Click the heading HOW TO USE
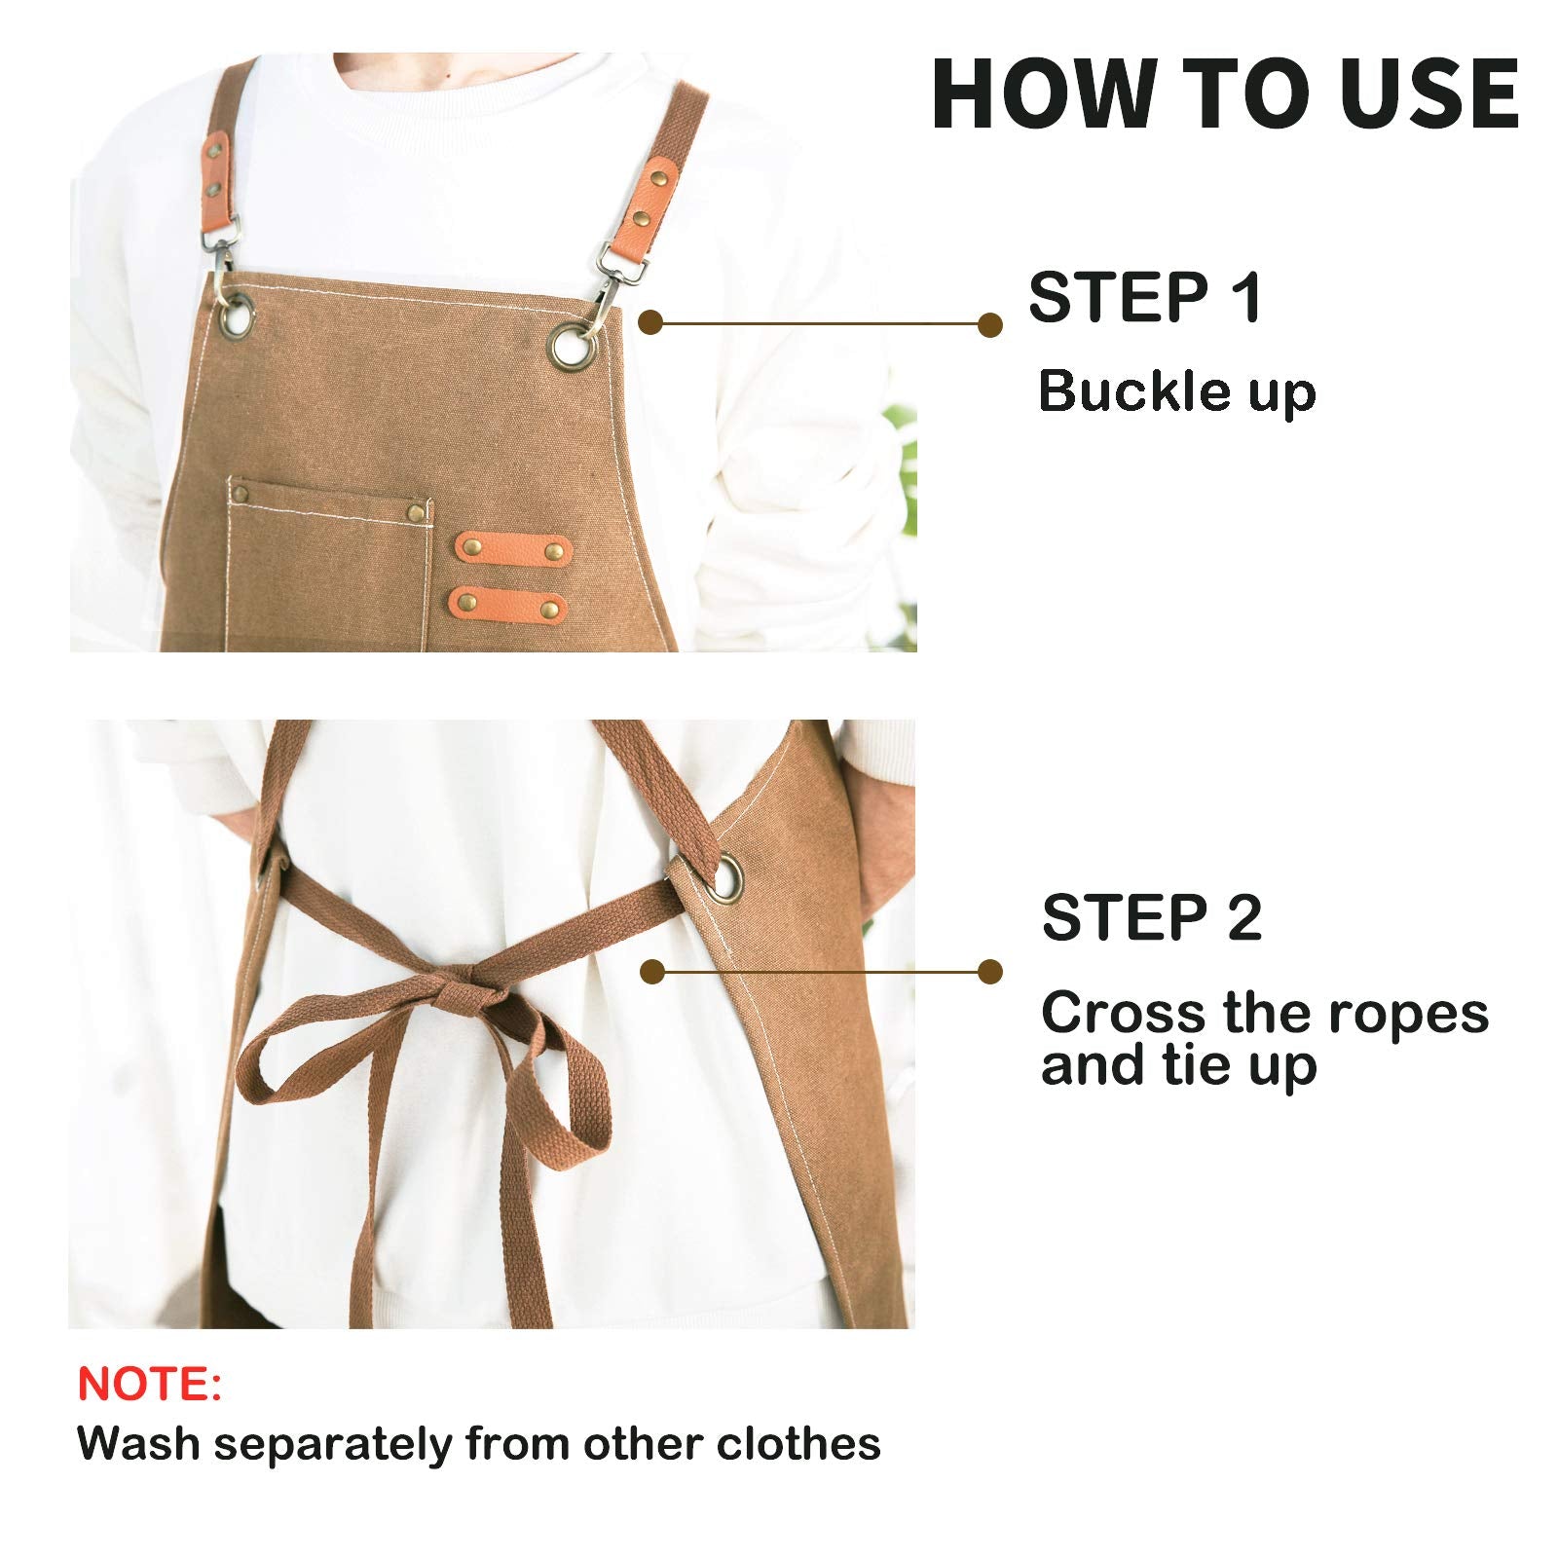click(1225, 93)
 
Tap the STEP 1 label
click(1145, 297)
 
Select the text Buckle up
click(1176, 391)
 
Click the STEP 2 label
click(1151, 917)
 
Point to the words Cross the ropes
click(1264, 1013)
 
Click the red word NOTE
click(149, 1384)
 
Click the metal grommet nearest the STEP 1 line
click(570, 346)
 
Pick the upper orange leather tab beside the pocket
click(512, 548)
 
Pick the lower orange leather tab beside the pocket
click(507, 605)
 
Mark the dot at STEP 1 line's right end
click(990, 324)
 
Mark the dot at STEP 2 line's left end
click(652, 971)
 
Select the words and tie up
click(1178, 1066)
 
